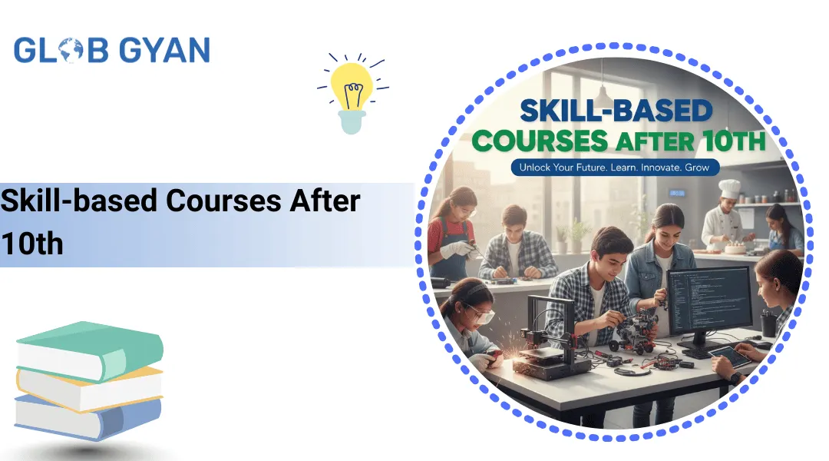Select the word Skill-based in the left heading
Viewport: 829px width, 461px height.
click(x=79, y=201)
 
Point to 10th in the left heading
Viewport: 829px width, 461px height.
click(x=31, y=244)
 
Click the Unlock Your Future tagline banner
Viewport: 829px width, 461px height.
click(x=616, y=167)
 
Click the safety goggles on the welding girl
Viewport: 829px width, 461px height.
click(x=479, y=313)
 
